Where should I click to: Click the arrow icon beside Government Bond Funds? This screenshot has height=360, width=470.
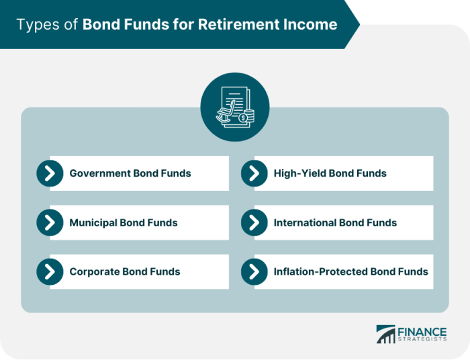click(x=50, y=173)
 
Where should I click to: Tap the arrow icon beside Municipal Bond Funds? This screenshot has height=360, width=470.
click(x=50, y=222)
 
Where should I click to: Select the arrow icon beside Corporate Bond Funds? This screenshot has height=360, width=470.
click(x=50, y=272)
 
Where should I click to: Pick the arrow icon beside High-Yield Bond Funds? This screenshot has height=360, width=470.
click(x=254, y=173)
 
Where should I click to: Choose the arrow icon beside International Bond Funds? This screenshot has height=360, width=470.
click(x=254, y=222)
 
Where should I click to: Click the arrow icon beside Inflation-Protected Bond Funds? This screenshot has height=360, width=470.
click(x=254, y=272)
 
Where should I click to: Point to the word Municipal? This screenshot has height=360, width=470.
click(x=93, y=222)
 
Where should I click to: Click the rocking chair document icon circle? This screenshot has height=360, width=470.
click(x=235, y=107)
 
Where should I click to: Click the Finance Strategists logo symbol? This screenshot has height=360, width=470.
click(x=385, y=334)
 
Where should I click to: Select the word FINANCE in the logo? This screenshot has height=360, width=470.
click(x=422, y=330)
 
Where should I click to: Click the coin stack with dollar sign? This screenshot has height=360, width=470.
click(x=247, y=117)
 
